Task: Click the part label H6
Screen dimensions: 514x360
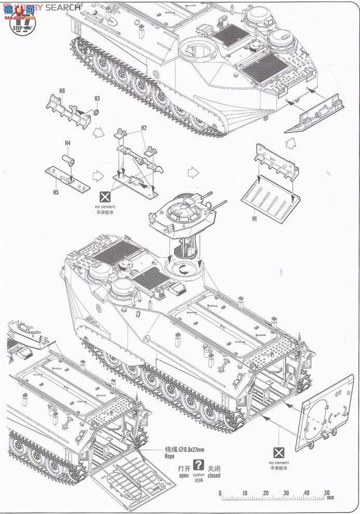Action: [x=62, y=91]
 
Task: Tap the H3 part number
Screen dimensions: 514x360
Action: [x=97, y=98]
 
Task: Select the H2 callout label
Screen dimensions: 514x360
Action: [x=144, y=128]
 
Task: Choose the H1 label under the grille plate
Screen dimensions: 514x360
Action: [x=254, y=219]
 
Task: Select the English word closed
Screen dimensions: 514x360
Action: [x=214, y=475]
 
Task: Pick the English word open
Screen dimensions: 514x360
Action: [x=184, y=475]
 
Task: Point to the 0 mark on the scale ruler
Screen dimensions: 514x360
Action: [x=220, y=492]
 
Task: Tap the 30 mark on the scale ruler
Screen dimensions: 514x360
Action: [x=284, y=492]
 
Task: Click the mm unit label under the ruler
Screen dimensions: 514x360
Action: [x=330, y=499]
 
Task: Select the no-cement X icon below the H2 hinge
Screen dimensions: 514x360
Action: [x=105, y=197]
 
